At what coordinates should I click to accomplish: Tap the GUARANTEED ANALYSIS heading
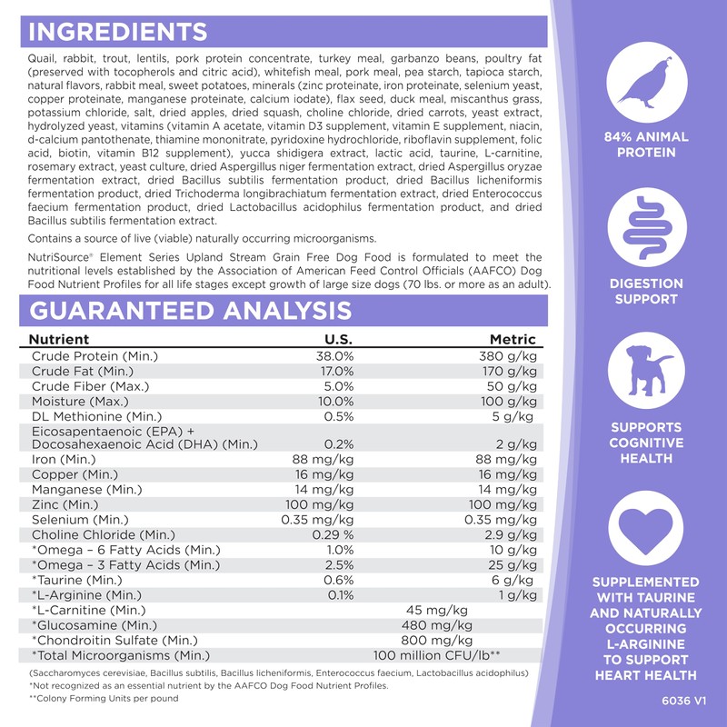pos(191,310)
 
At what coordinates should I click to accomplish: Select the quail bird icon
pos(647,85)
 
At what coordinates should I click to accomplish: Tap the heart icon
pos(647,531)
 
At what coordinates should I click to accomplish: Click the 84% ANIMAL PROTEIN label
pos(647,144)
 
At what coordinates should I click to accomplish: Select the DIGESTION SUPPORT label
pos(647,291)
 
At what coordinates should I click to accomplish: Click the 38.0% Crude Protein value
pos(333,356)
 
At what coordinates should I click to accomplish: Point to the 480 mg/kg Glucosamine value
pos(437,624)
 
